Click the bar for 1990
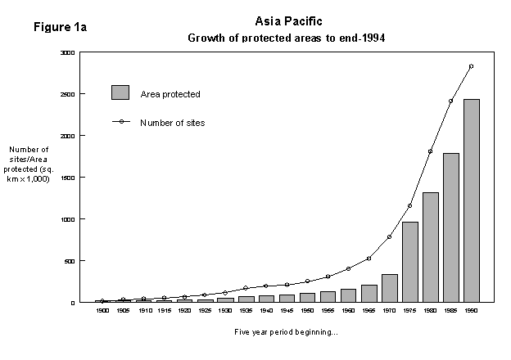[x=471, y=200]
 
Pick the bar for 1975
[x=409, y=262]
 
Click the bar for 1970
[x=389, y=288]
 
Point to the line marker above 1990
[x=471, y=66]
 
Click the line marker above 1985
[x=450, y=101]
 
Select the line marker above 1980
[x=430, y=151]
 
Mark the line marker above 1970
[x=389, y=236]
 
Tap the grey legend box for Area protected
[x=120, y=92]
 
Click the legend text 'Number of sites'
[x=172, y=123]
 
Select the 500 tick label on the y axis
[x=69, y=261]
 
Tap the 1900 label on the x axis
[x=102, y=311]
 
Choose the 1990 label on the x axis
[x=471, y=311]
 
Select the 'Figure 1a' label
[x=60, y=27]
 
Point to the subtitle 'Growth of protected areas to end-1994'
[x=287, y=38]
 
